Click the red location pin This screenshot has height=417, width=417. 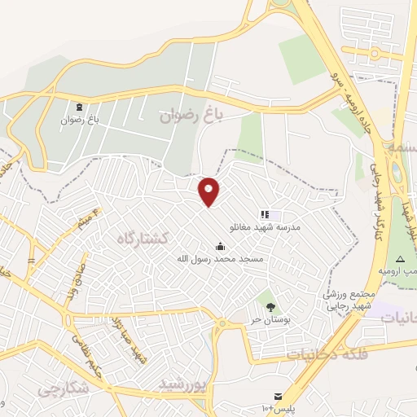tap(209, 191)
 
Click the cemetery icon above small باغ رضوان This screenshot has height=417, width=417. tap(79, 107)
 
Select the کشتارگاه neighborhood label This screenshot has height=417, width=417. tap(143, 238)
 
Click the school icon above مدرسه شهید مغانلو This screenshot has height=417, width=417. tap(265, 214)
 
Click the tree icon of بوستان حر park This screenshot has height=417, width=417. tap(270, 306)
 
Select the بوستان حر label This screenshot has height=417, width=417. tap(266, 320)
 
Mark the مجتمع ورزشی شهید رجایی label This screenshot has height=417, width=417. tap(349, 301)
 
